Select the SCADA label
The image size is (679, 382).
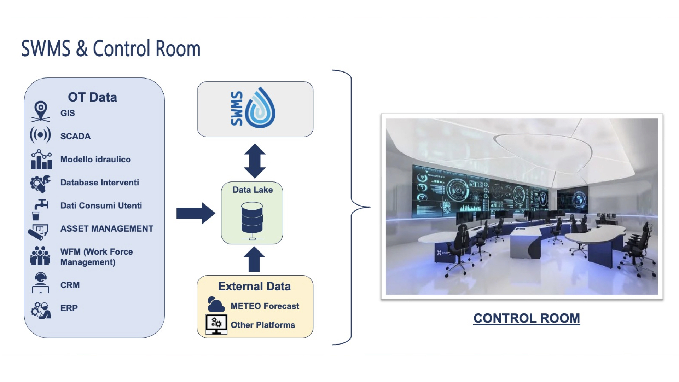pos(75,136)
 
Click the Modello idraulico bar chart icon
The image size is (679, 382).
pos(41,160)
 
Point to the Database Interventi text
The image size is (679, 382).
pos(100,183)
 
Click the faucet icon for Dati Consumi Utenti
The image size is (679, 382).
pos(40,209)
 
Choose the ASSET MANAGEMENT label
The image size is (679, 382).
pos(107,229)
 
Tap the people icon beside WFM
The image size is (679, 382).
pos(40,256)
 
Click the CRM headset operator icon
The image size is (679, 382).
pos(41,283)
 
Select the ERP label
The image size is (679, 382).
pos(69,308)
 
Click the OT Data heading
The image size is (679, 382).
pos(92,97)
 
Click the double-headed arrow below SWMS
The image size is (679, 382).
pos(255,161)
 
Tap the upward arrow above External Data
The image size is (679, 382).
pos(254,259)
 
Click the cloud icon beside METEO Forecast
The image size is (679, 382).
pos(216,304)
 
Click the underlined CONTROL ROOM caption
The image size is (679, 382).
pos(527,318)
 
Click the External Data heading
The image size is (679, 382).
pos(254,286)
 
